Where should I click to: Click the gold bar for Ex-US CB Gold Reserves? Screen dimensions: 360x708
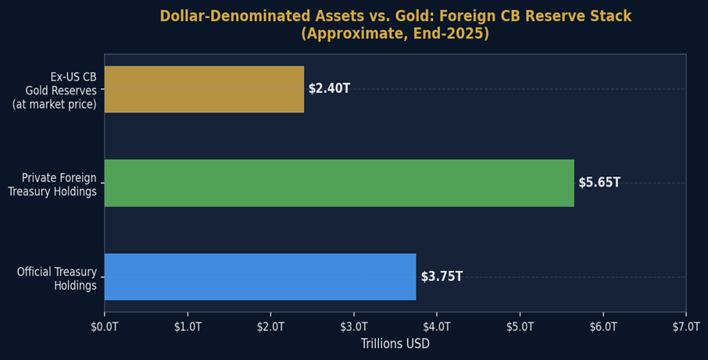204,89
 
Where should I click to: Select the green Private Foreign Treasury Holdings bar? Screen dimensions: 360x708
339,183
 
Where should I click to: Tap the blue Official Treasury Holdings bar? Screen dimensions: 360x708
260,276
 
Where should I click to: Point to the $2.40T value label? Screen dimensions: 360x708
329,89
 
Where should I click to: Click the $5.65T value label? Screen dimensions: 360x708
599,183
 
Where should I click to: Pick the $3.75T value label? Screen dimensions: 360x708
442,276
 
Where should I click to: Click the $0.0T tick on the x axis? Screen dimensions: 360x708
105,326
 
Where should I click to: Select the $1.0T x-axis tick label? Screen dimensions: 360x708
188,326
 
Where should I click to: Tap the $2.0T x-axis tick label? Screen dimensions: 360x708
270,326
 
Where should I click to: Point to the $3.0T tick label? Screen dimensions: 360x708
354,326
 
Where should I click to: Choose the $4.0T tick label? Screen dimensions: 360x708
437,326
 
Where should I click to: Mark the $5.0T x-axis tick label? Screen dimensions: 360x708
520,326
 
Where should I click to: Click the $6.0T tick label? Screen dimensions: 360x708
603,326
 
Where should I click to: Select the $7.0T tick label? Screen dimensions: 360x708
685,326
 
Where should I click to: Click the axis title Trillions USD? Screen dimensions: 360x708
395,344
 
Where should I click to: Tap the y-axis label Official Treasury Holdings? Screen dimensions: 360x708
57,279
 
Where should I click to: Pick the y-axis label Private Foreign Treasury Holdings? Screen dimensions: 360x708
53,185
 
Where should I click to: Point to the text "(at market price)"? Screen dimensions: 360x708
55,104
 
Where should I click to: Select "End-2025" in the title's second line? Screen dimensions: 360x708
452,34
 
